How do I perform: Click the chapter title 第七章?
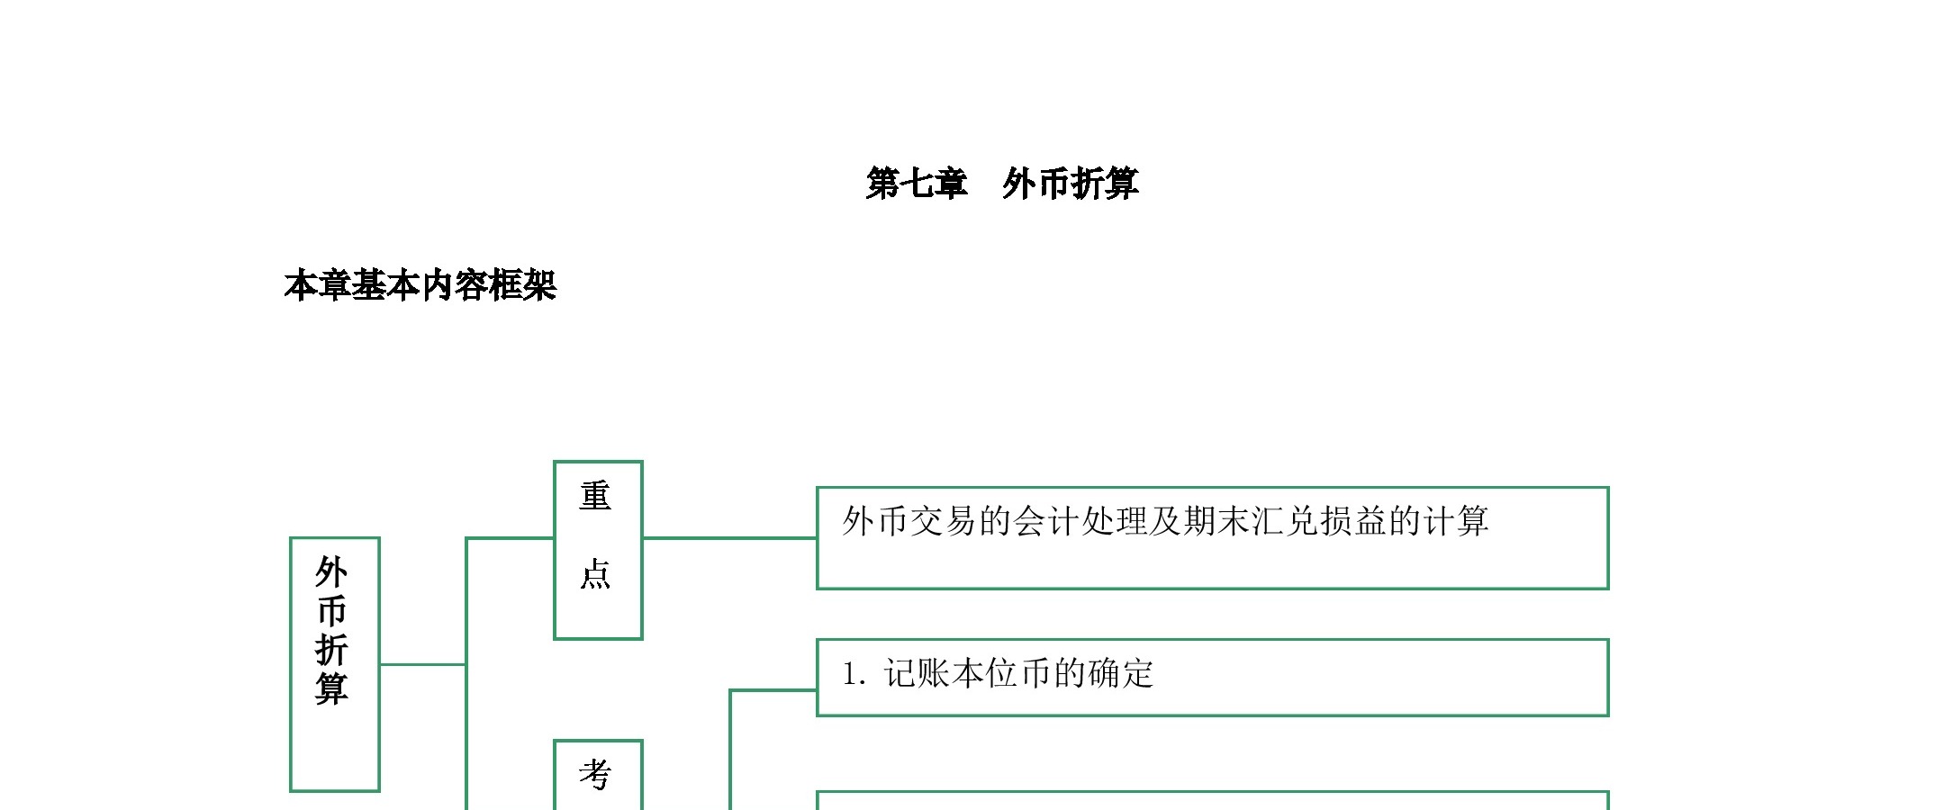coord(917,184)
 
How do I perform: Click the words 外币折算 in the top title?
coord(1071,184)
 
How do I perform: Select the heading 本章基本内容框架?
coord(420,285)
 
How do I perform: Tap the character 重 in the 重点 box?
coord(595,496)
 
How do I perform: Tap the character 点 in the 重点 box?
coord(595,573)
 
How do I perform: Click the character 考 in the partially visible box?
coord(595,774)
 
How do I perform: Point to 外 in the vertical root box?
coord(332,572)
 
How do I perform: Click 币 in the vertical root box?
coord(332,611)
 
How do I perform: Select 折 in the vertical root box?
coord(332,650)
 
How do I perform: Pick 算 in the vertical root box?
coord(332,688)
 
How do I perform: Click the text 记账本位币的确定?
coord(1019,673)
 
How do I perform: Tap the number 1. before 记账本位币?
coord(854,674)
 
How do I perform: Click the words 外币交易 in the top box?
coord(909,521)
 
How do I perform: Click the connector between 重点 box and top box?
coord(729,538)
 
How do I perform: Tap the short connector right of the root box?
coord(422,664)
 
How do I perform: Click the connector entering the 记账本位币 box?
coord(773,690)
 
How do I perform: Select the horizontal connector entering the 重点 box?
coord(510,538)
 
